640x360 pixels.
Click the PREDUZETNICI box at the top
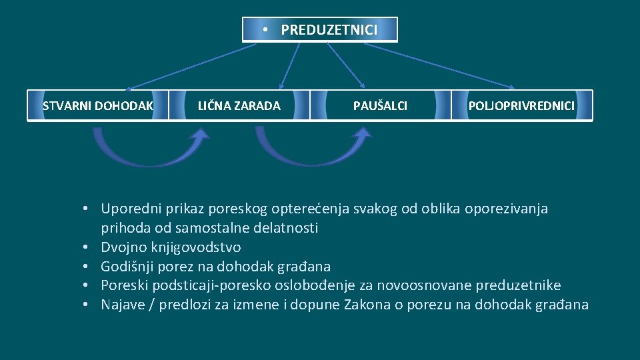(x=320, y=30)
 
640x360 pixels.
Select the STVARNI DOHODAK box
(x=98, y=105)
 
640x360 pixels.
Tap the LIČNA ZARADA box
(x=239, y=105)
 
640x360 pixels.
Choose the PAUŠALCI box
(x=381, y=105)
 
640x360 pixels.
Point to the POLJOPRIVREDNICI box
(x=521, y=105)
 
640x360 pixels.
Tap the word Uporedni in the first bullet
(x=127, y=209)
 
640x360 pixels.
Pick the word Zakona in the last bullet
(x=399, y=305)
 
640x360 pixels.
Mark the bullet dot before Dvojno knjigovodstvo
(x=87, y=247)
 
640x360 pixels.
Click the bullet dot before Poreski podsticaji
(x=87, y=286)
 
